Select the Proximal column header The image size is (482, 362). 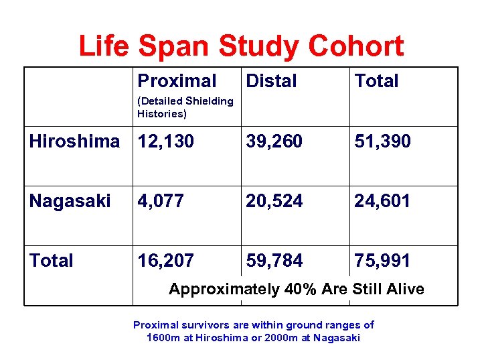(x=177, y=81)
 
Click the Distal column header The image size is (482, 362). (x=271, y=81)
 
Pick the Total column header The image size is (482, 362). (x=376, y=81)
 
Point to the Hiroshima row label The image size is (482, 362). (x=74, y=141)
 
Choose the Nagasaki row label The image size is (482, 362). (x=70, y=201)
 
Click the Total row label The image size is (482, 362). (x=51, y=261)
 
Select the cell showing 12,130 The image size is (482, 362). (x=165, y=141)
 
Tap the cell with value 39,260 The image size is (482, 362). (x=274, y=141)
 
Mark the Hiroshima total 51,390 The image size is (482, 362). (x=382, y=141)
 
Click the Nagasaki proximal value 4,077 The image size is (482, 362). (x=161, y=201)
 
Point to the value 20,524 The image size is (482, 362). (x=274, y=201)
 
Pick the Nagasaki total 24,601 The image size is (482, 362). (x=382, y=201)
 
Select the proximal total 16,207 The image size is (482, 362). (x=165, y=261)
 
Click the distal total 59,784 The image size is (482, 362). (x=274, y=261)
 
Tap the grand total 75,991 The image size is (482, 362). (x=382, y=261)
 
